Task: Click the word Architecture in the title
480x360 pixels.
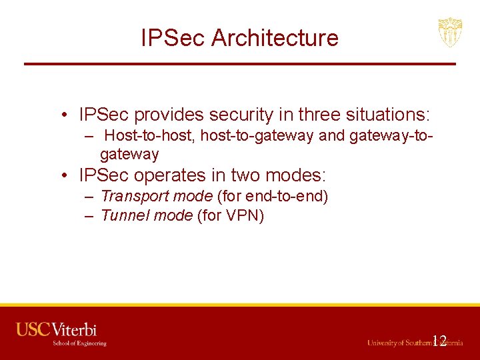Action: click(275, 38)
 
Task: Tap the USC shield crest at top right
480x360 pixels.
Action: click(450, 32)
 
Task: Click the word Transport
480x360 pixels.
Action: click(135, 196)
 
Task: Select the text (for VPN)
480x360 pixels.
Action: click(231, 215)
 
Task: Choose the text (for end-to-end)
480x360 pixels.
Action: click(273, 196)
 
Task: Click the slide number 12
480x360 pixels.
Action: click(439, 341)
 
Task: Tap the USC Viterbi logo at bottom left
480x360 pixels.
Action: click(57, 329)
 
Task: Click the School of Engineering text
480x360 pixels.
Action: click(80, 343)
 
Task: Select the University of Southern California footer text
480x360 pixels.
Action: click(414, 343)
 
